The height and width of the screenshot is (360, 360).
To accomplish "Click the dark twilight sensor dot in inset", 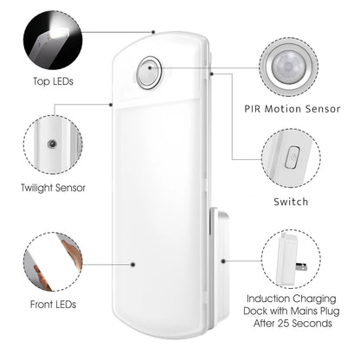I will (54, 141).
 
